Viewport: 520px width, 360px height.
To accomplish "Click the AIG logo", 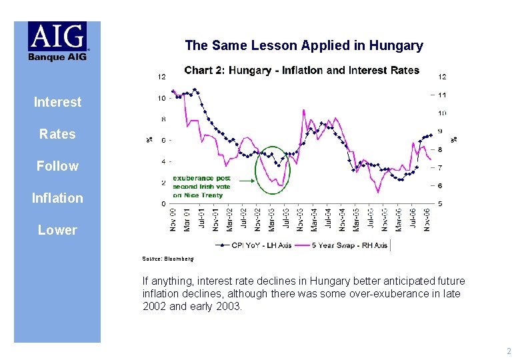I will coord(57,41).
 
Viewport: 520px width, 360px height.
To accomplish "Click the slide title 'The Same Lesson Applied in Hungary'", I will coord(304,45).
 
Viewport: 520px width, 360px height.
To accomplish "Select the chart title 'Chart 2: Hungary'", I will coord(301,70).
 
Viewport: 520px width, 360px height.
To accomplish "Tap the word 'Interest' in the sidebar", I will coord(57,102).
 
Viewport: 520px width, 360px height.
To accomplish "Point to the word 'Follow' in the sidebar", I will coord(57,166).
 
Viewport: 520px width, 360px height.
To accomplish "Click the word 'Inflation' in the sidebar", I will coord(57,198).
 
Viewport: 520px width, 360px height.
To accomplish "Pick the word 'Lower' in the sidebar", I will coord(57,230).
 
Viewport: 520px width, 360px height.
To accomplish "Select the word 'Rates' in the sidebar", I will coord(57,134).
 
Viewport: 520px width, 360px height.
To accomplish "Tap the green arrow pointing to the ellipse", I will coord(247,180).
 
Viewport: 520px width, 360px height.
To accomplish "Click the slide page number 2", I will coord(508,351).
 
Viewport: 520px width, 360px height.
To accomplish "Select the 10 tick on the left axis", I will coord(162,98).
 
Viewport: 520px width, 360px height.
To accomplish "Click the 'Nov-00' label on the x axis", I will coord(173,220).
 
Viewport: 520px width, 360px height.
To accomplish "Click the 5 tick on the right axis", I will coord(441,203).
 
